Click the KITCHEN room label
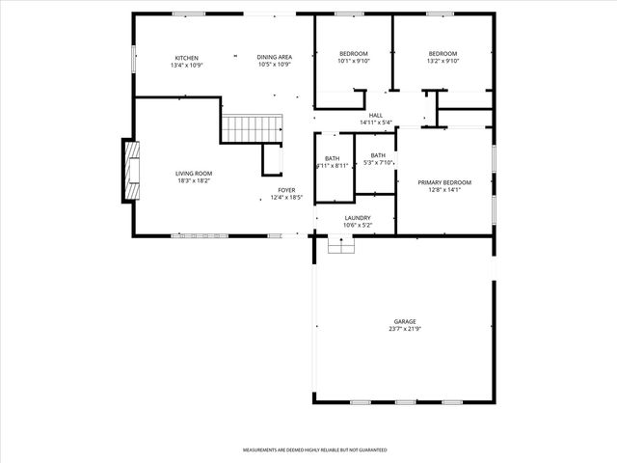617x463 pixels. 186,57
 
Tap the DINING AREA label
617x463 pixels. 274,57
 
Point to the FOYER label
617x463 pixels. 286,190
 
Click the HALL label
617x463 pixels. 376,115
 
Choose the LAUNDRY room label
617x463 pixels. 358,218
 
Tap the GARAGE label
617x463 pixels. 404,321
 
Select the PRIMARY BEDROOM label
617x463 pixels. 443,182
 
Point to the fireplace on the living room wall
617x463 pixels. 130,170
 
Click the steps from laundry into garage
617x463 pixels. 341,246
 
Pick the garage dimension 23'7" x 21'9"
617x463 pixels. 404,329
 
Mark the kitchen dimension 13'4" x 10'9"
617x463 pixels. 186,65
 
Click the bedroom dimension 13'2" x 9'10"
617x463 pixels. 443,61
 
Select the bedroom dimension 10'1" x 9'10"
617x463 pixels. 354,61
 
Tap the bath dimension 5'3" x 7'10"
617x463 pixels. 377,162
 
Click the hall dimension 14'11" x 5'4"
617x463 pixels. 376,123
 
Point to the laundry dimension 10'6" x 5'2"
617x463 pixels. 358,226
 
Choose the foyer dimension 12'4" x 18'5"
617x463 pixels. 286,198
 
